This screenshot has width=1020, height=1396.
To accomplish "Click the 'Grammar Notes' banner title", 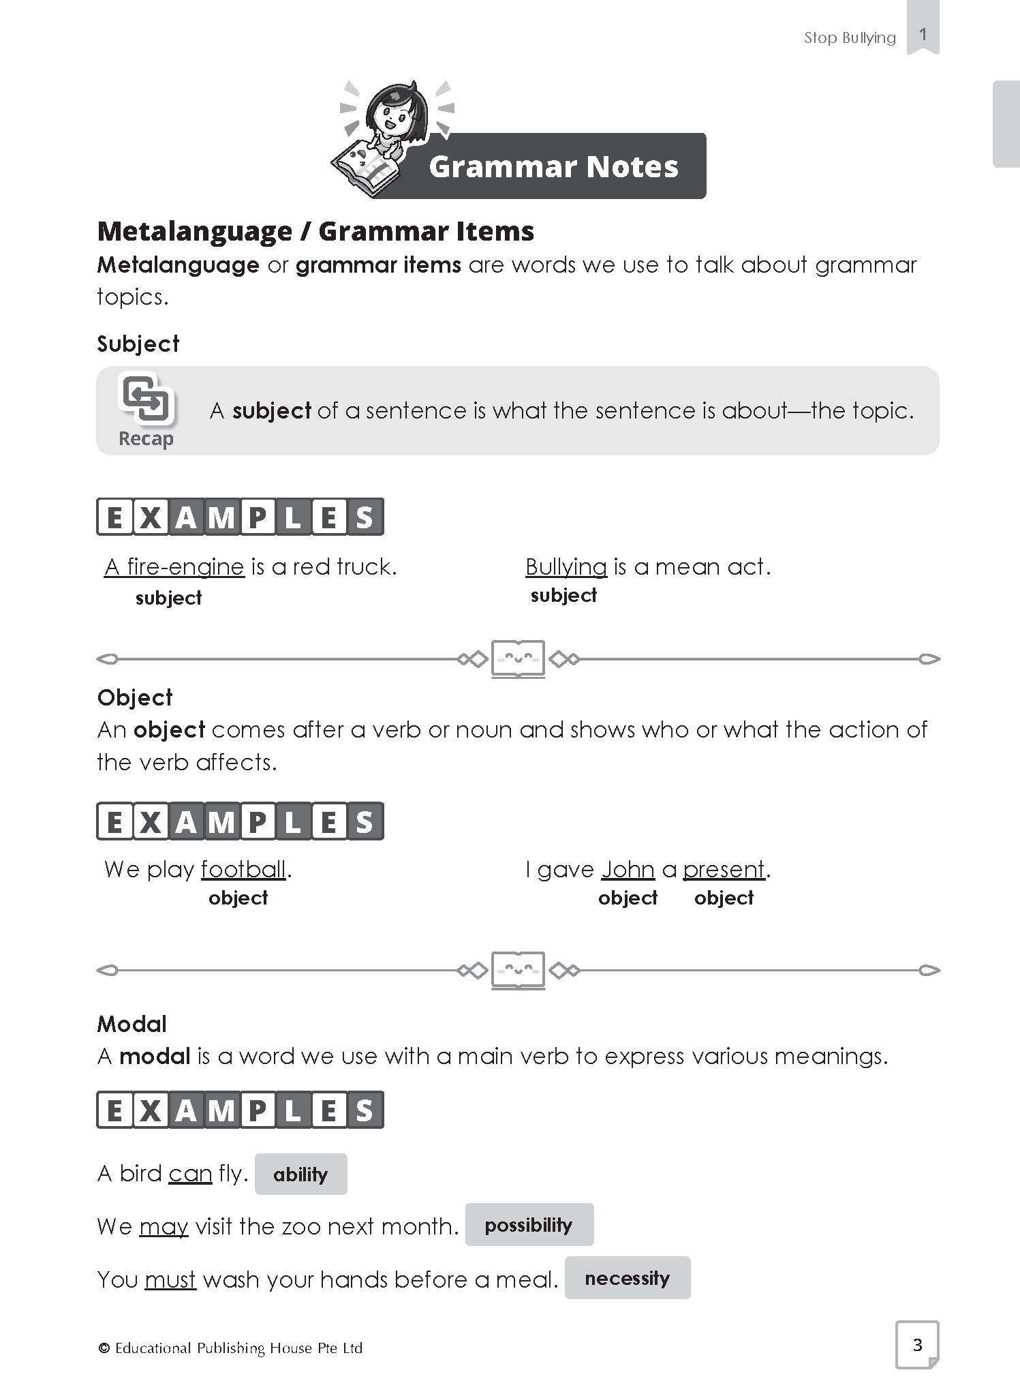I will pos(553,166).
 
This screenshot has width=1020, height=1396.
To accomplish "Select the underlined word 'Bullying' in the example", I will pos(566,567).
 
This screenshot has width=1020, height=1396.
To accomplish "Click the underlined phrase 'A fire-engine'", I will pos(174,567).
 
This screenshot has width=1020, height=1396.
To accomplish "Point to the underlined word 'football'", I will pos(243,870).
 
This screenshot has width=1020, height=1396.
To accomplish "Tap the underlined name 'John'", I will pos(628,870).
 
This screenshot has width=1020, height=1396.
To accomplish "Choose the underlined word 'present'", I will pos(724,870).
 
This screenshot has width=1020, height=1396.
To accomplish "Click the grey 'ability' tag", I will pos(300,1174).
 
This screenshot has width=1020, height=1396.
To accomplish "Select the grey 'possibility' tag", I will pos(529,1225).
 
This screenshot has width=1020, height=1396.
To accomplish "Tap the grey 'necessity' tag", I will pos(627,1278).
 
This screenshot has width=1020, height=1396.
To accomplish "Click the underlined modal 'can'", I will pos(190,1174).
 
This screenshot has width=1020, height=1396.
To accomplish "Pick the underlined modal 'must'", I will pos(170,1279).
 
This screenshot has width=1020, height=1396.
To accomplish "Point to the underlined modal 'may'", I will pos(164,1227).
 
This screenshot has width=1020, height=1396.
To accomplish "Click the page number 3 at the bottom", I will pos(917,1345).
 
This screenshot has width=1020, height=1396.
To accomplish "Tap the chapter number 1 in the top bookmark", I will pos(923,34).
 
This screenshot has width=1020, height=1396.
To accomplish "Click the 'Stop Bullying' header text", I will pos(850,37).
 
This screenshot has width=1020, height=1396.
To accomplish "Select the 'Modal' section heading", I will pos(132,1024).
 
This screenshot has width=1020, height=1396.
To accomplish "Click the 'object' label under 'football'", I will pos(238,898).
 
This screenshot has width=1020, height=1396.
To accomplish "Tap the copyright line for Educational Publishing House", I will pos(231,1348).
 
